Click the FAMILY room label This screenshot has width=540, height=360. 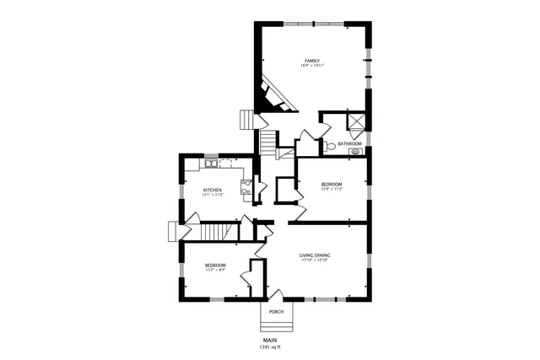pyautogui.click(x=312, y=61)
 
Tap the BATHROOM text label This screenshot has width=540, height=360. pyautogui.click(x=349, y=144)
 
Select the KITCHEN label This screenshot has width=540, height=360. pyautogui.click(x=213, y=191)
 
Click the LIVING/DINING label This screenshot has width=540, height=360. pyautogui.click(x=314, y=255)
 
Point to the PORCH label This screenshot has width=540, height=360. pyautogui.click(x=275, y=312)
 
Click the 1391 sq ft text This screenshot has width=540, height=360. pyautogui.click(x=269, y=347)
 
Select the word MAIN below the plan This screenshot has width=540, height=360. pyautogui.click(x=269, y=340)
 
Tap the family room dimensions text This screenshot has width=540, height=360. pyautogui.click(x=312, y=66)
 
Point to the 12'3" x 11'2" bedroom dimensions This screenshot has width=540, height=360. pyautogui.click(x=331, y=189)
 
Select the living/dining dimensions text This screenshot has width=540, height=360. pyautogui.click(x=314, y=260)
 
